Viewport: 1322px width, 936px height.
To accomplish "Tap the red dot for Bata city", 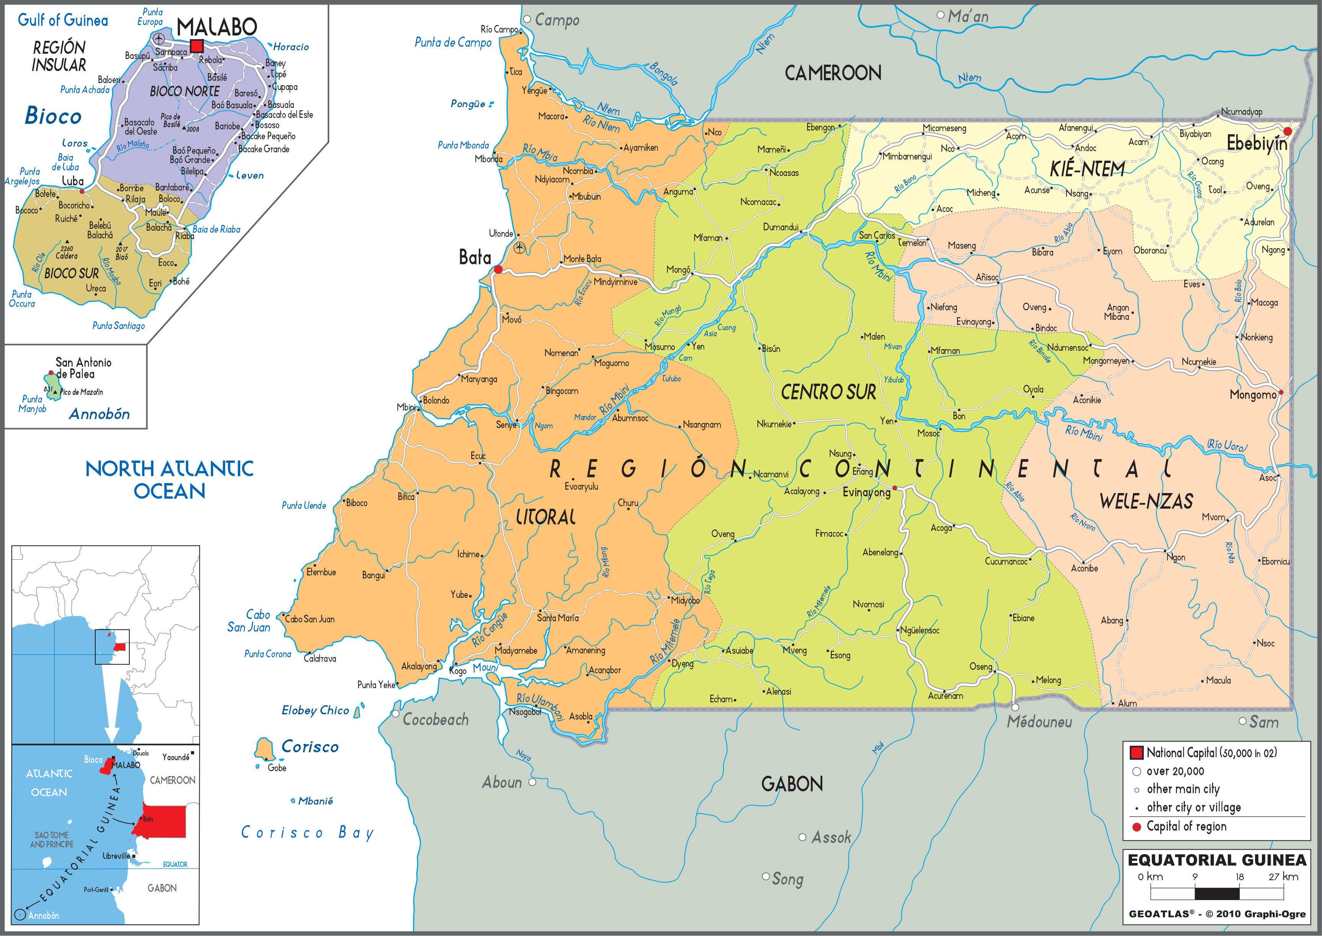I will [498, 269].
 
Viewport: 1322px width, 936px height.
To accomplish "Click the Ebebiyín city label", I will [1256, 143].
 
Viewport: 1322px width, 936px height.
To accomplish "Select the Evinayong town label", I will [866, 493].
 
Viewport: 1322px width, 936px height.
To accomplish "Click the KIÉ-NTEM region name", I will [1087, 169].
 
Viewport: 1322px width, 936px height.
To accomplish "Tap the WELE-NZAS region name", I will [1146, 501].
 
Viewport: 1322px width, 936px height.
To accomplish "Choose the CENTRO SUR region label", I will [828, 392].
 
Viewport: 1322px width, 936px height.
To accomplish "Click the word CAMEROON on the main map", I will [833, 73].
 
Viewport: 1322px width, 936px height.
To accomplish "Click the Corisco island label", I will [309, 747].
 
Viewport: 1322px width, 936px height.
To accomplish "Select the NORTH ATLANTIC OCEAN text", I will [169, 480].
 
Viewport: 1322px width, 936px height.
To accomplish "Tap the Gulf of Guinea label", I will [63, 21].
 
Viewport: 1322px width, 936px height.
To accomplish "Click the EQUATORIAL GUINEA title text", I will [1216, 860].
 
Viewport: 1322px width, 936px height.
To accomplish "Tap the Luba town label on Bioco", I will [73, 181].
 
